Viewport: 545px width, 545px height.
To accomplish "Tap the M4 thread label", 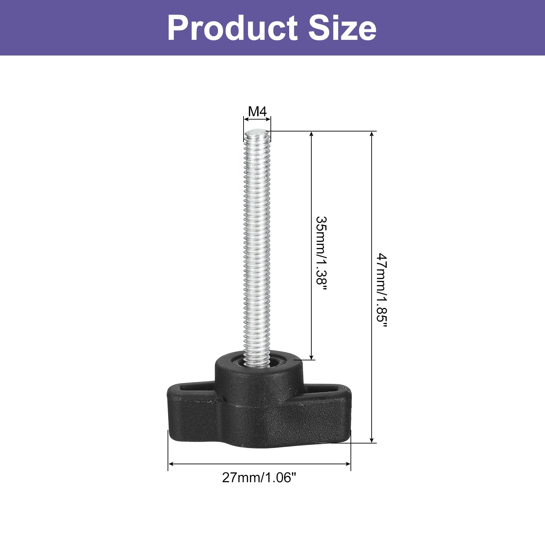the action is (x=257, y=111).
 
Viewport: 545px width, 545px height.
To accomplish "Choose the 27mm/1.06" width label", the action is (x=257, y=478).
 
